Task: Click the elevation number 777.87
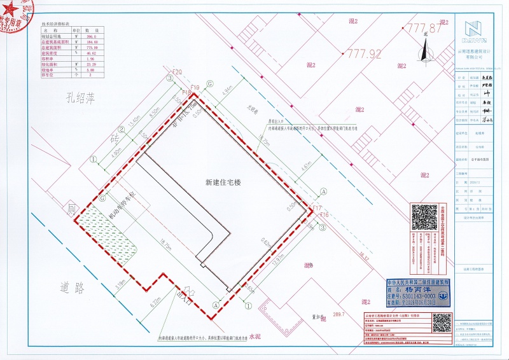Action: coord(424,29)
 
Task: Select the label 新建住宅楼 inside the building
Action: coord(223,182)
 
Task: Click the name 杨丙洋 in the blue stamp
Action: coord(422,288)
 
